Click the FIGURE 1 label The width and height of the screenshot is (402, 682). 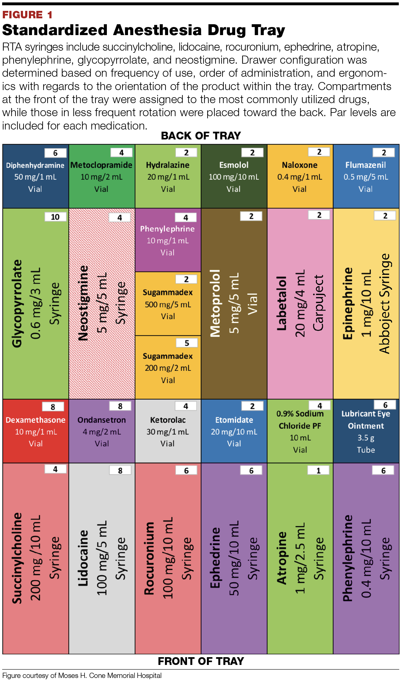point(27,15)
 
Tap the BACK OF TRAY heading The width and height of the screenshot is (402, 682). point(201,136)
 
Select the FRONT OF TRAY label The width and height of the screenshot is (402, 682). point(201,661)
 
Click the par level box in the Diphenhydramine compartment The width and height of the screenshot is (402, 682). point(55,153)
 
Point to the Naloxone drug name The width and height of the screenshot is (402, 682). point(300,165)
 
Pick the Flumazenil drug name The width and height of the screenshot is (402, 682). point(366,165)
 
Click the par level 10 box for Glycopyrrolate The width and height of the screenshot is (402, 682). point(55,217)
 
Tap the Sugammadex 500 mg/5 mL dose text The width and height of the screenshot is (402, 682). point(168,304)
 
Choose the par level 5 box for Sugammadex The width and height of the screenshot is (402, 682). point(186,343)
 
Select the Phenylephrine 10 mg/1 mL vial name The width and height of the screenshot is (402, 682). point(167,229)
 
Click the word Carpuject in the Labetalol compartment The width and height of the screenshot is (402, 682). point(318,303)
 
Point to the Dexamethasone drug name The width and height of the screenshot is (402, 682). point(35,420)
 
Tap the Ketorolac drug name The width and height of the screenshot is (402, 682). point(168,420)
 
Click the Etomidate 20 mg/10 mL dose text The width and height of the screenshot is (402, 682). point(234,432)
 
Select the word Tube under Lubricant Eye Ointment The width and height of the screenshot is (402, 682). point(366,450)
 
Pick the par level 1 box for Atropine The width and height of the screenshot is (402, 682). point(318,471)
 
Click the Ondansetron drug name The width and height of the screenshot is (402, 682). point(102,420)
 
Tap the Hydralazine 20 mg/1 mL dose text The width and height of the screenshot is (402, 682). point(168,177)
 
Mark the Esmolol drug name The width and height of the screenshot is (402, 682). point(234,165)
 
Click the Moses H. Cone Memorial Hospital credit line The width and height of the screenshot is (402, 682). point(82,675)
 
